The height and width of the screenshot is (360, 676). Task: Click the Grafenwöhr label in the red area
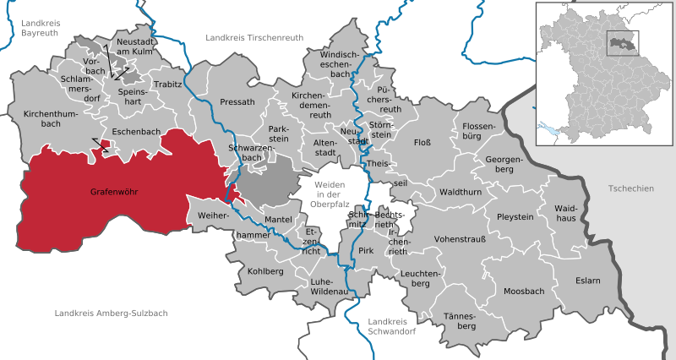[113, 193]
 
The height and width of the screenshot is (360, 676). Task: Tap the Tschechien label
[630, 188]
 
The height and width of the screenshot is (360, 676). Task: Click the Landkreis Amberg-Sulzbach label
[111, 313]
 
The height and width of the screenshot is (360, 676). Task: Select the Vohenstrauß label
[460, 239]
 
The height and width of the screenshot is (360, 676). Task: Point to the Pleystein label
[515, 216]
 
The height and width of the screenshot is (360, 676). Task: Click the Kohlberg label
[266, 271]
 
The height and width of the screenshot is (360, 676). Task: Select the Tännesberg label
[460, 320]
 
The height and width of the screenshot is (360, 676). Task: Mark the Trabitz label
[168, 85]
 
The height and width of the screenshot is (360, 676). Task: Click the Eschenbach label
[131, 132]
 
